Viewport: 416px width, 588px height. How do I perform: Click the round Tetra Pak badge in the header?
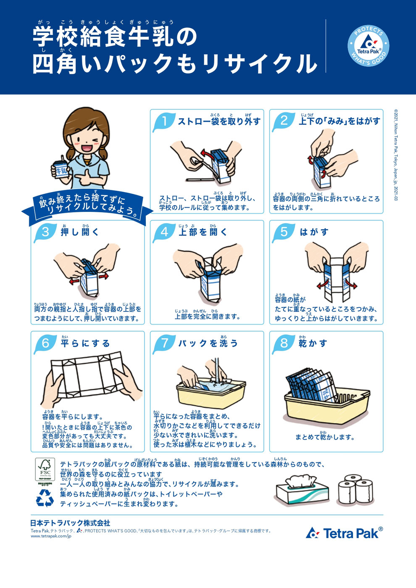(x=368, y=46)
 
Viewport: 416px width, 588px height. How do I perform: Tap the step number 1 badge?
(x=164, y=121)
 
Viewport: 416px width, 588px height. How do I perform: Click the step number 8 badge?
(x=284, y=343)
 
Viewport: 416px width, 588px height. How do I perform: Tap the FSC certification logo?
(x=45, y=469)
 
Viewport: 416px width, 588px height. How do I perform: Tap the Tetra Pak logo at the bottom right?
(x=345, y=533)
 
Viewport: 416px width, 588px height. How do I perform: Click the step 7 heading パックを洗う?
(x=208, y=343)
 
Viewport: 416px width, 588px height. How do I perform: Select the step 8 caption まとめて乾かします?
(x=324, y=437)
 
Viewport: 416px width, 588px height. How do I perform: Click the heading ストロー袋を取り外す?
(x=219, y=121)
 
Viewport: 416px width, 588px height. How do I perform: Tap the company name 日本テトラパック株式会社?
(x=70, y=523)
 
